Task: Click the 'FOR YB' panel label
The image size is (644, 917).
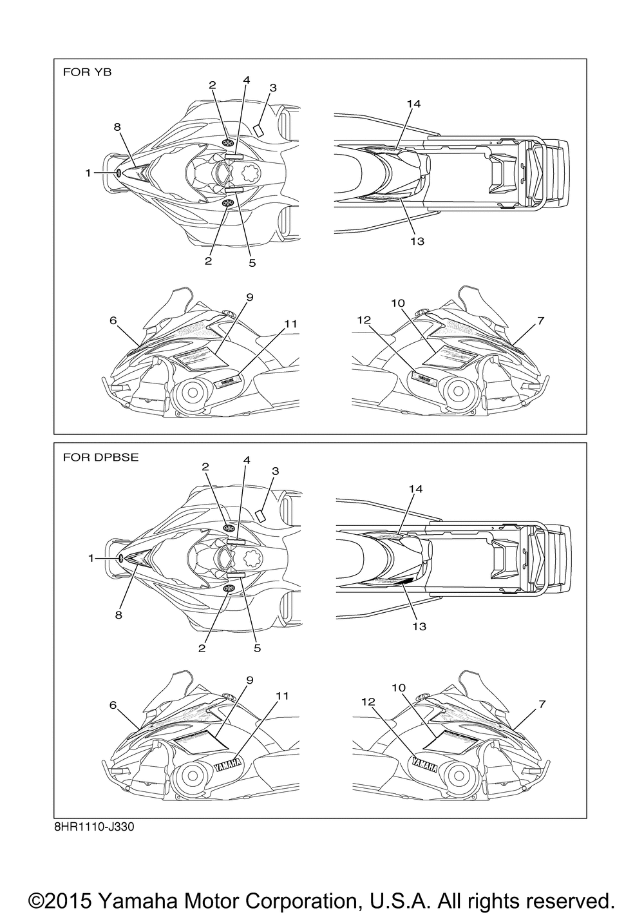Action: tap(86, 72)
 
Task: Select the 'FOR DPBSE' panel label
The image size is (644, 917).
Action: tap(100, 458)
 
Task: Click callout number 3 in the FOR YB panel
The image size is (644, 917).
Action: tap(273, 88)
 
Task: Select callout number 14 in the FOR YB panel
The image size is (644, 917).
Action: tap(413, 103)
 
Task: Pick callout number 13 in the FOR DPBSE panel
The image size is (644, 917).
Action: tap(419, 626)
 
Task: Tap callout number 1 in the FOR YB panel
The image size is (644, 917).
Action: tap(88, 173)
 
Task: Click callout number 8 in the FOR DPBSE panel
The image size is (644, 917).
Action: tap(118, 615)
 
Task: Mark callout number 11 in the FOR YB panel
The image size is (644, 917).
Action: tap(290, 323)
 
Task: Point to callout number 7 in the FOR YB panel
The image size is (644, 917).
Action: tap(541, 320)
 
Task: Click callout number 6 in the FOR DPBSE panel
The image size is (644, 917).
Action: tap(113, 706)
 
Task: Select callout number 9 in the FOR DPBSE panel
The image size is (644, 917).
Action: tap(250, 681)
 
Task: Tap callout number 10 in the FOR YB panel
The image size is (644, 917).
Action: tap(397, 303)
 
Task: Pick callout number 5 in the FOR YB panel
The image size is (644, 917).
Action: tap(252, 262)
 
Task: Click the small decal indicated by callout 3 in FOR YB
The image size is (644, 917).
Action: tap(258, 130)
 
